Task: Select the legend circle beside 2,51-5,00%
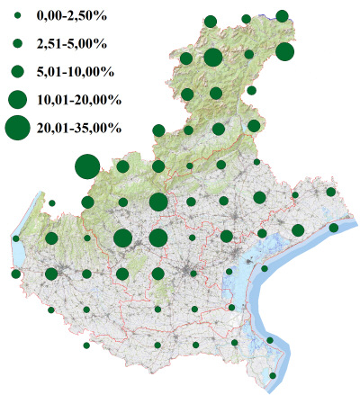[x=17, y=42]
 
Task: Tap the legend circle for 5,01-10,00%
[x=17, y=70]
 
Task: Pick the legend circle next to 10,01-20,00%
[x=17, y=98]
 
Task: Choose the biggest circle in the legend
[x=17, y=129]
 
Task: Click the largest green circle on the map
[x=87, y=166]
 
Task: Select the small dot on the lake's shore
[x=16, y=238]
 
